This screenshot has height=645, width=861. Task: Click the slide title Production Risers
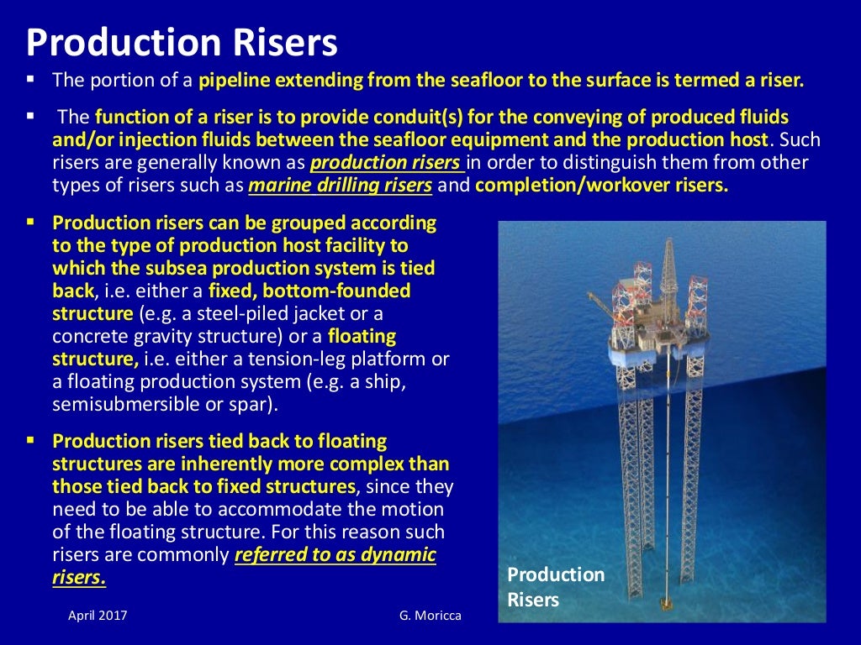pos(182,42)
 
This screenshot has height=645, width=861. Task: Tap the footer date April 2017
pos(98,616)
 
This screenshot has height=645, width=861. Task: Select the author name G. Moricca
pos(430,616)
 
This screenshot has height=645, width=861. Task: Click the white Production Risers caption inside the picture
pos(555,587)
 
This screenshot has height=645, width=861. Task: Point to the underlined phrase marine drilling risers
pos(341,186)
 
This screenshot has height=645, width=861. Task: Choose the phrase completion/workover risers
pos(601,186)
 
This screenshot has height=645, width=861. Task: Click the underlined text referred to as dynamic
pos(335,555)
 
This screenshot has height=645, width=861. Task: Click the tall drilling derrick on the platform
pos(669,269)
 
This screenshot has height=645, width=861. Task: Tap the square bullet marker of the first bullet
pos(30,81)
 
